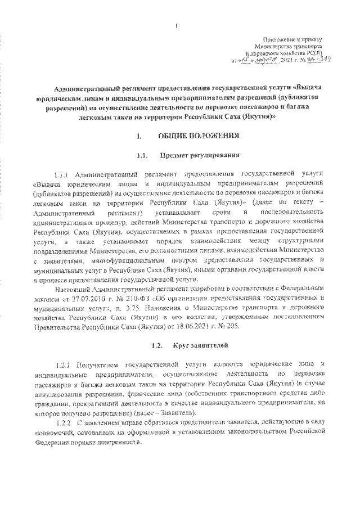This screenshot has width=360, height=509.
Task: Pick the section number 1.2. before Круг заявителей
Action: click(143, 343)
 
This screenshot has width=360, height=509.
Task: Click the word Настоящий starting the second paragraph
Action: click(72, 289)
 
